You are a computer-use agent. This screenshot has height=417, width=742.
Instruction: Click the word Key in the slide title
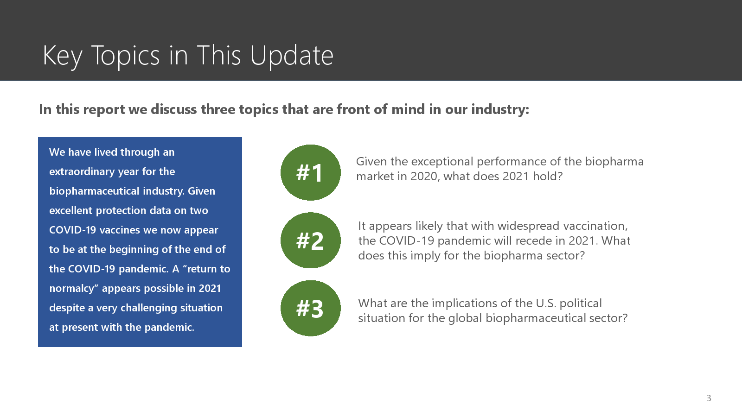pyautogui.click(x=62, y=56)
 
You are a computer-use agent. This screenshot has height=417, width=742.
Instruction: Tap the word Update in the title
pyautogui.click(x=292, y=56)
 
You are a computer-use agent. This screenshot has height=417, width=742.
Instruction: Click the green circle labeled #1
pyautogui.click(x=310, y=172)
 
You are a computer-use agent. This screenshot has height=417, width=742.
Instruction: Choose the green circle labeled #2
pyautogui.click(x=310, y=240)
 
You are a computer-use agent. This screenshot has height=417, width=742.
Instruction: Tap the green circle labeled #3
pyautogui.click(x=310, y=308)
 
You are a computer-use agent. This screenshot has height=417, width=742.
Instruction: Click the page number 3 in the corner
pyautogui.click(x=709, y=398)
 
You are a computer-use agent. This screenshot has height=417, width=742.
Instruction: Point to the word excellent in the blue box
pyautogui.click(x=70, y=210)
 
